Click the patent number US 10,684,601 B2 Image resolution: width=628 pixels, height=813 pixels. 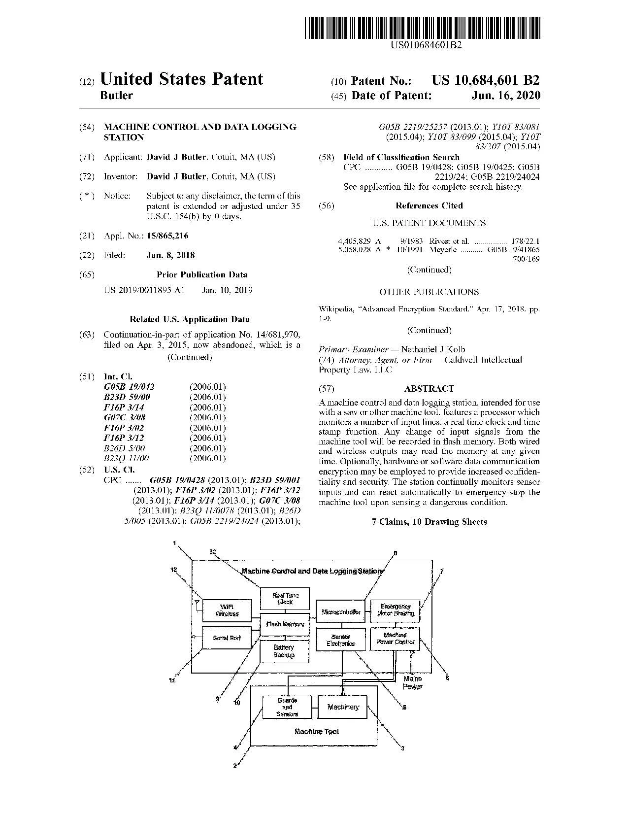485,80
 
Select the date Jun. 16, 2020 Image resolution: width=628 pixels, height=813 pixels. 505,96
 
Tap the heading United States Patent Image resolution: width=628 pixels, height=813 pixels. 181,79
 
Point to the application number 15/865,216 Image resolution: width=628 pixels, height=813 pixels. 167,236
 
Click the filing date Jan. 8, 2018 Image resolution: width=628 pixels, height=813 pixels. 170,255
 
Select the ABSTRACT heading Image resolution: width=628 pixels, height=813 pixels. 429,388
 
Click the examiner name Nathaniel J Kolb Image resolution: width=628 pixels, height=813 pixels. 433,349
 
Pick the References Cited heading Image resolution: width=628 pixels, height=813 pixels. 429,205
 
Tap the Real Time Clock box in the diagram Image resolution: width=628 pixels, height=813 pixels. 285,599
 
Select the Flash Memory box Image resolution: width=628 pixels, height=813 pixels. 285,624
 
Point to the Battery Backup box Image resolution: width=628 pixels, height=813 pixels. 284,651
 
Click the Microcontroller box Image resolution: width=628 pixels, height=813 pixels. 340,612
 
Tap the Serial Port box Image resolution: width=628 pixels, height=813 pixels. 227,638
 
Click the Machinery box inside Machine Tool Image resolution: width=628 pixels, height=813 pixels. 343,707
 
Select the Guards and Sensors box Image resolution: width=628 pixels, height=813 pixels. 287,707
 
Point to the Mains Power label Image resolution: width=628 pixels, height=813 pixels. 412,682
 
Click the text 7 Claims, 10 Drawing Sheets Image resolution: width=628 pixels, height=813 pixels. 429,522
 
